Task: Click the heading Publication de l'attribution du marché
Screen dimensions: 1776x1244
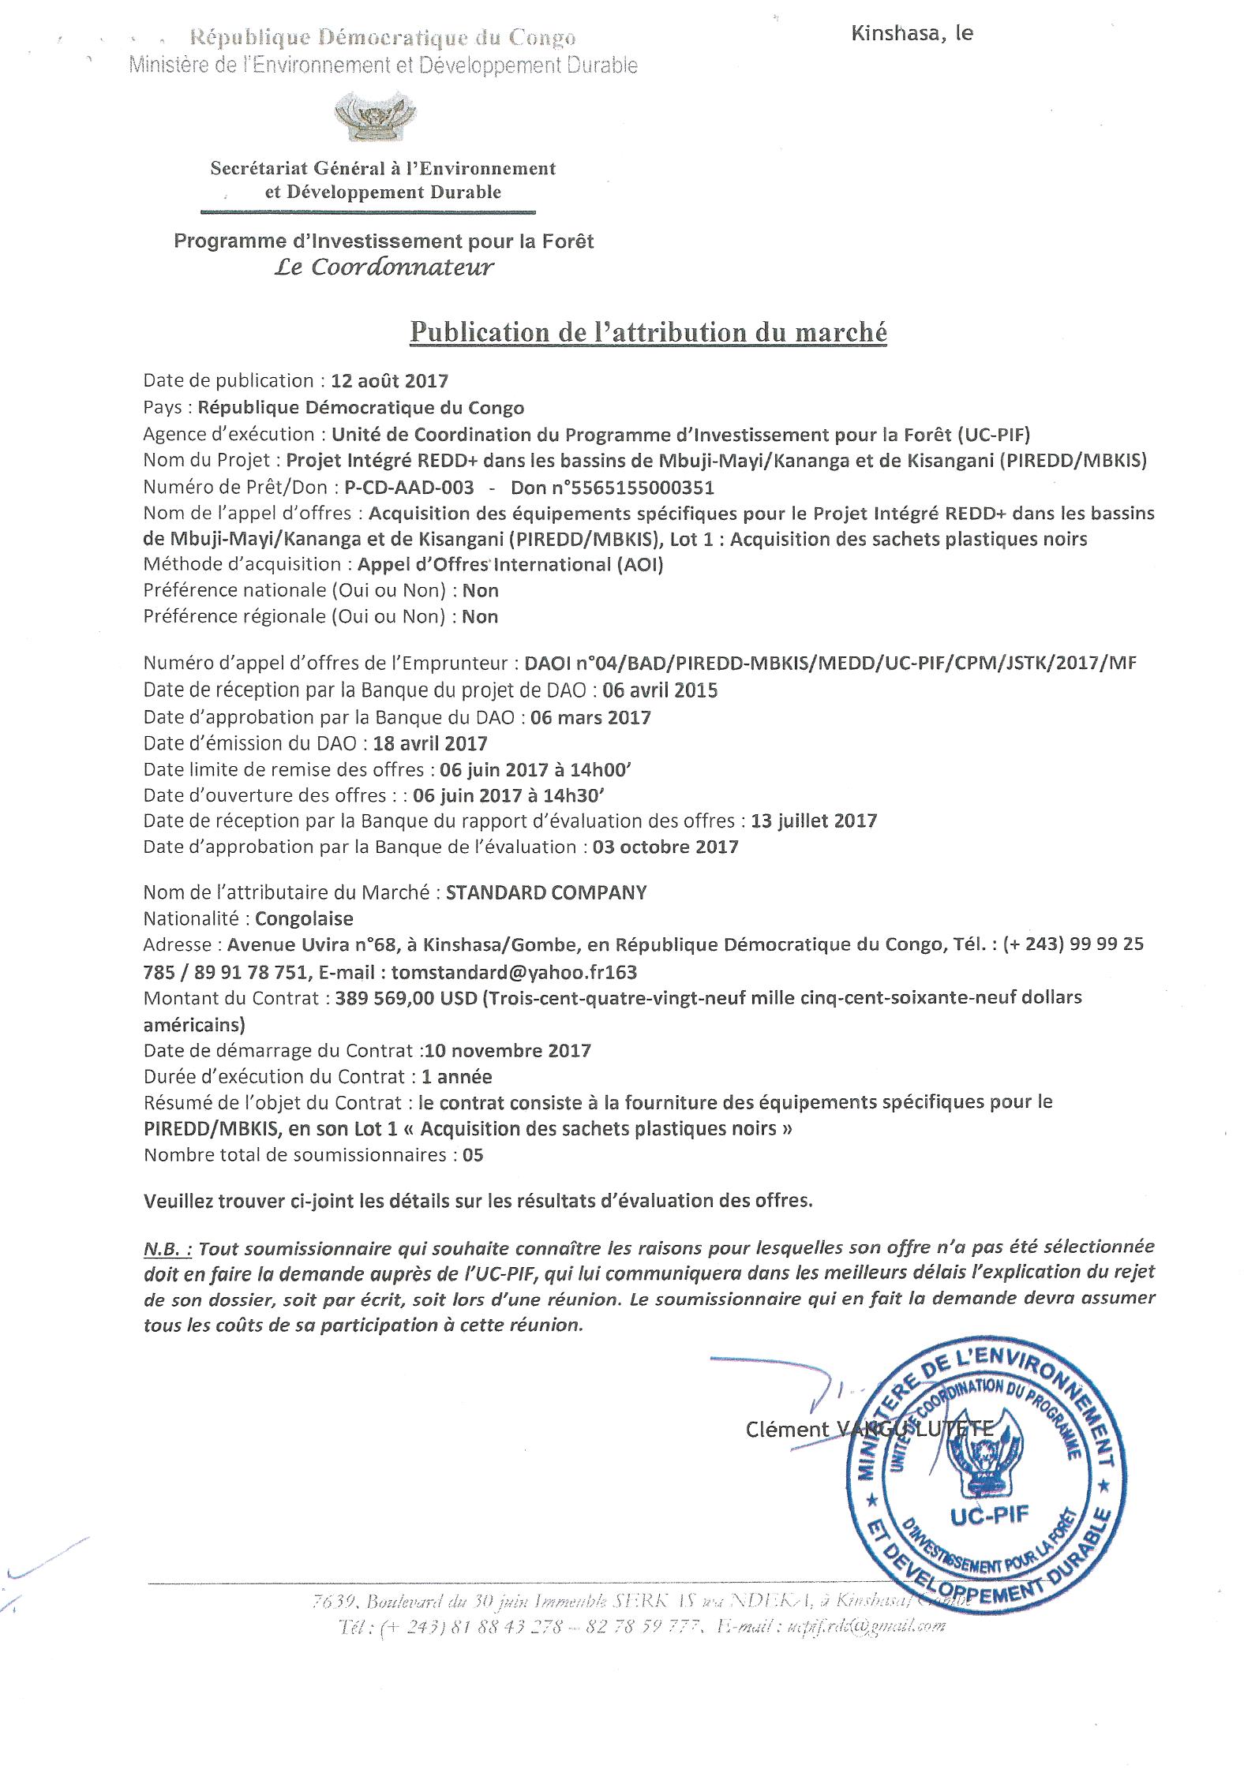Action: point(647,332)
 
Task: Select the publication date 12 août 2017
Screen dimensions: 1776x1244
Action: point(389,381)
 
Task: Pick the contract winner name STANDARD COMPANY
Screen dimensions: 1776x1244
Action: point(546,892)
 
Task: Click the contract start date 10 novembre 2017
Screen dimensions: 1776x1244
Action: point(508,1050)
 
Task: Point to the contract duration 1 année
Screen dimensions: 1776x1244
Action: point(457,1076)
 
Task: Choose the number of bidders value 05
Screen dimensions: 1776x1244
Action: point(474,1155)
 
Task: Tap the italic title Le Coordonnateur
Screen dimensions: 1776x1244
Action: point(384,267)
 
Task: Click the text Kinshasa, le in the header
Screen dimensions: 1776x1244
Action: point(912,33)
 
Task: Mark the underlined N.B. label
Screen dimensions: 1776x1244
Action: point(167,1248)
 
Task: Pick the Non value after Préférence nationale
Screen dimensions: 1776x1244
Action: point(481,590)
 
